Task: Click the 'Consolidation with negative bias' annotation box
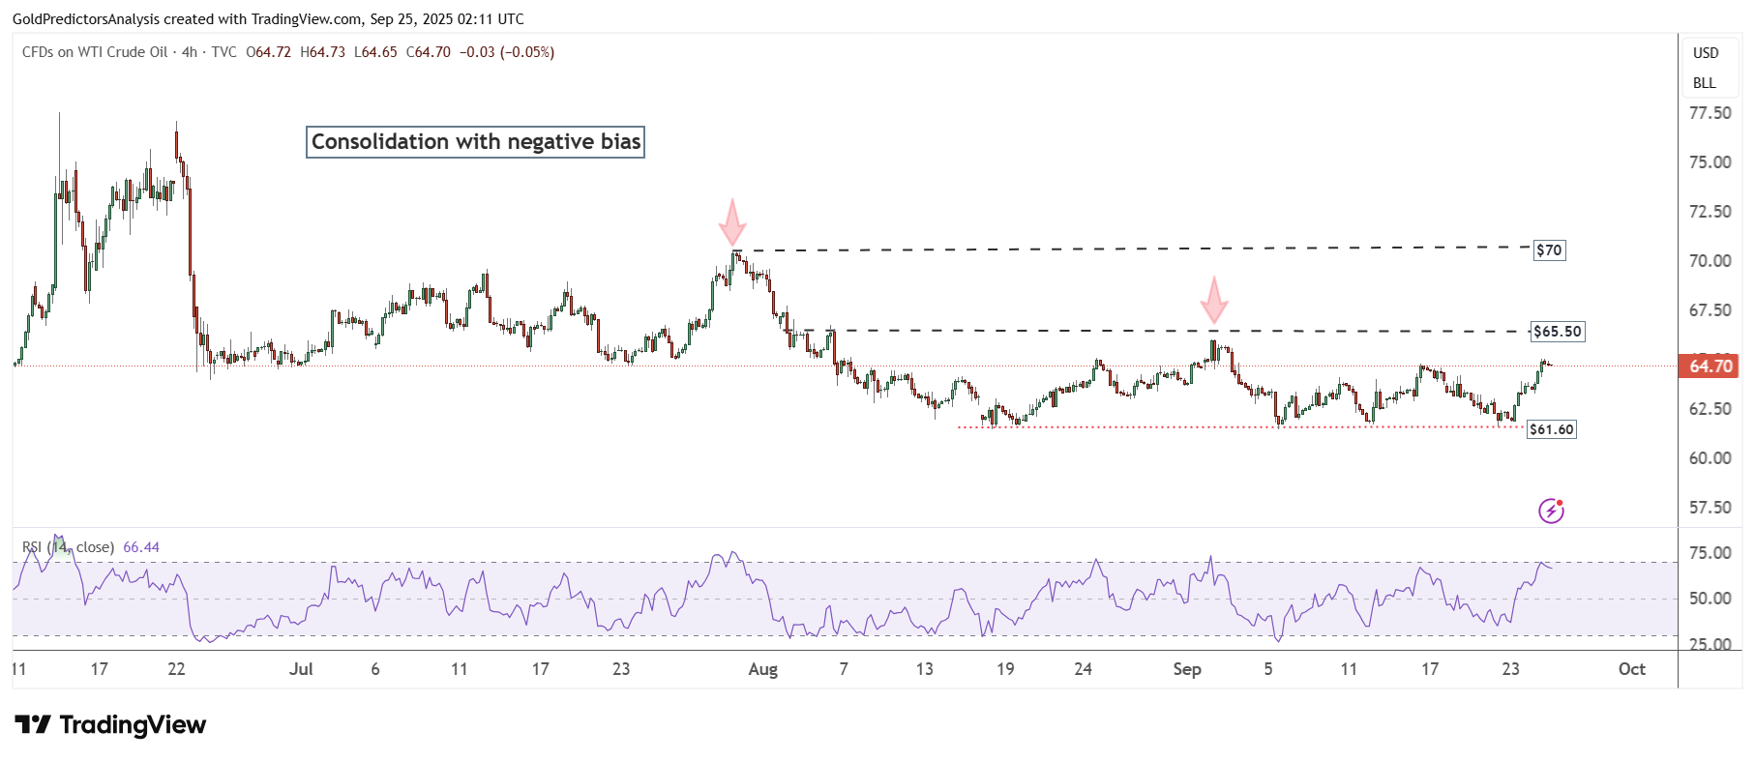tap(475, 142)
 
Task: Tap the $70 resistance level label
tap(1549, 250)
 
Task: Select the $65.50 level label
tap(1558, 332)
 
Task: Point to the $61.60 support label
tap(1551, 429)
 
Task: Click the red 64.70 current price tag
tap(1710, 366)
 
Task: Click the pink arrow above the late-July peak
tap(732, 222)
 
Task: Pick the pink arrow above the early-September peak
tap(1213, 300)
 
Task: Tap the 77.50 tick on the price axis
tap(1710, 113)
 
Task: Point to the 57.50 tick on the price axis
tap(1710, 508)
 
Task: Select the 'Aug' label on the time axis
tap(762, 669)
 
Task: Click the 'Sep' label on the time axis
tap(1186, 669)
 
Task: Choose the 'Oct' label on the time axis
tap(1631, 669)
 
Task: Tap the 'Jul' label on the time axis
tap(301, 669)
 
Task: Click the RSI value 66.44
tap(141, 547)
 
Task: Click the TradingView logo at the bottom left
tap(110, 725)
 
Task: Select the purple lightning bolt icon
tap(1551, 511)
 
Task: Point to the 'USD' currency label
tap(1706, 53)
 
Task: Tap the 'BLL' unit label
tap(1704, 83)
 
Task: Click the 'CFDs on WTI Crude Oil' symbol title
tap(95, 52)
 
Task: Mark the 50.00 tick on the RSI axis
tap(1710, 599)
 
